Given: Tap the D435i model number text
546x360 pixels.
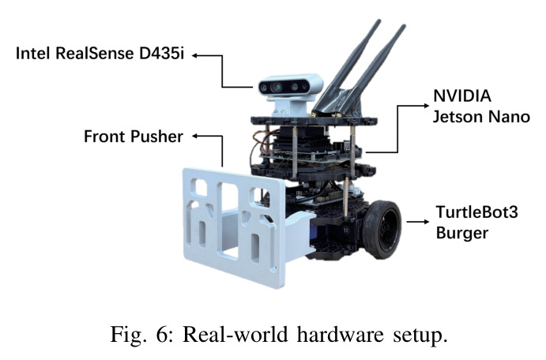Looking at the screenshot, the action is pos(161,54).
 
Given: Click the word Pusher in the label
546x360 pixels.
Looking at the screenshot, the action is pos(156,137).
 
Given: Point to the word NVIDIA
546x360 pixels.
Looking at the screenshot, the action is pos(462,96).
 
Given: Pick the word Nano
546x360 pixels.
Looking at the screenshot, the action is pos(510,117).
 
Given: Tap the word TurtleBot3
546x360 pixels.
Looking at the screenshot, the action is pos(477,212).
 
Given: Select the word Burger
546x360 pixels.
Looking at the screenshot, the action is pos(462,233).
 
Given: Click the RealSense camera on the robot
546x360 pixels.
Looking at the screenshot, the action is pos(291,87).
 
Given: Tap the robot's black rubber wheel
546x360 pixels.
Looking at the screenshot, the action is pos(382,229).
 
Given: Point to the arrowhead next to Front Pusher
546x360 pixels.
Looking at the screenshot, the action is pos(195,137).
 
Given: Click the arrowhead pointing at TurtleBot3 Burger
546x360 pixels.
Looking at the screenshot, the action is pos(426,222).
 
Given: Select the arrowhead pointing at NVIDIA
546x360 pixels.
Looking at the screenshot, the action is pos(426,105).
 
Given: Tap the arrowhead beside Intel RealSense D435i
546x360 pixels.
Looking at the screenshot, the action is pos(195,55).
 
